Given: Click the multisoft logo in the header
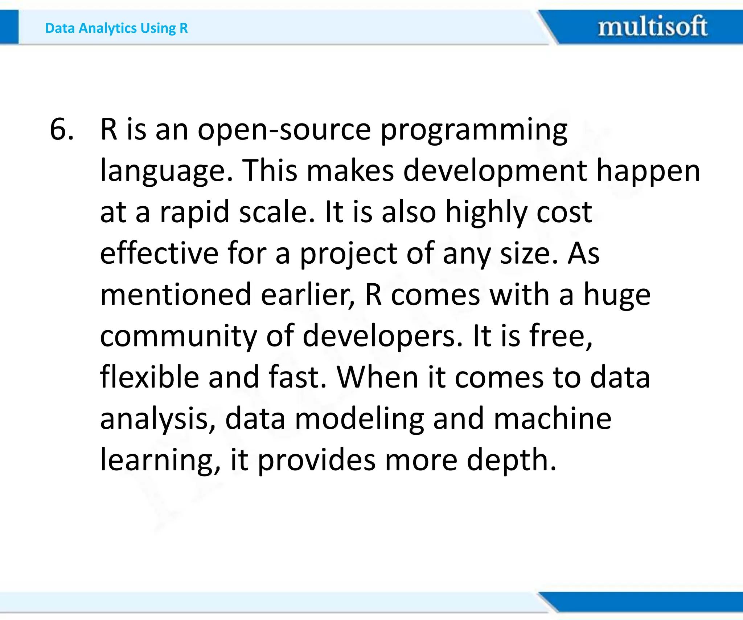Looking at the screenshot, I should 652,26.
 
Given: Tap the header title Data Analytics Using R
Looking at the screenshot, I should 116,28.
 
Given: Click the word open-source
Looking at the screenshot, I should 284,130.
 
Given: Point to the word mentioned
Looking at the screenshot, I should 176,295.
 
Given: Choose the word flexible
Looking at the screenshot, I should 149,377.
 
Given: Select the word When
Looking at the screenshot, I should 378,377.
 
